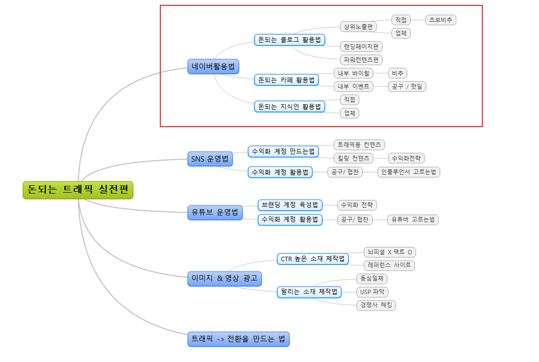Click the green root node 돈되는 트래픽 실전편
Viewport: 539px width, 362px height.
(x=78, y=190)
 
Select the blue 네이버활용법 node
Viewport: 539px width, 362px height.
(x=213, y=66)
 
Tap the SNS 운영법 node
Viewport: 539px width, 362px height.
(x=210, y=159)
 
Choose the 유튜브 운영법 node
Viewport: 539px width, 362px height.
(x=215, y=212)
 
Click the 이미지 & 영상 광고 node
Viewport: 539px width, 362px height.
(x=225, y=279)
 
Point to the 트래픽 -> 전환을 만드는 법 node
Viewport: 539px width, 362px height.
(x=239, y=339)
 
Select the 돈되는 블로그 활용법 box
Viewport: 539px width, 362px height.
(x=290, y=40)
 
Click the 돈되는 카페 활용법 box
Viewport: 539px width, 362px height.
(x=286, y=80)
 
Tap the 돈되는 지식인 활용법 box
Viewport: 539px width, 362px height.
(x=290, y=107)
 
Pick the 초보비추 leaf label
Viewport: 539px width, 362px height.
(x=441, y=20)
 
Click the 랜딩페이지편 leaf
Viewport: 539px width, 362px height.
(x=361, y=47)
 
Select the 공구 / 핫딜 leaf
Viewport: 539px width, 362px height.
(x=407, y=86)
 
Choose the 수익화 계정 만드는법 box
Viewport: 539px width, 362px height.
(x=283, y=151)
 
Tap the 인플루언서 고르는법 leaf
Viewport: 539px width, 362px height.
(x=409, y=172)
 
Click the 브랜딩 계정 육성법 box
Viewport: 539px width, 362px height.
(x=290, y=205)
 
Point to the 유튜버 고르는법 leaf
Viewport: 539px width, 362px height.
(x=413, y=219)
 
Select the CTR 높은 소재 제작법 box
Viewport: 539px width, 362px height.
(x=313, y=259)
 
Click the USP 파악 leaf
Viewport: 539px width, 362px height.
(x=372, y=292)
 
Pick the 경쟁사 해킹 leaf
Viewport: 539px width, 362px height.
(x=376, y=305)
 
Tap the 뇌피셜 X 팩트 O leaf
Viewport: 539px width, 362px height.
(x=390, y=252)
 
